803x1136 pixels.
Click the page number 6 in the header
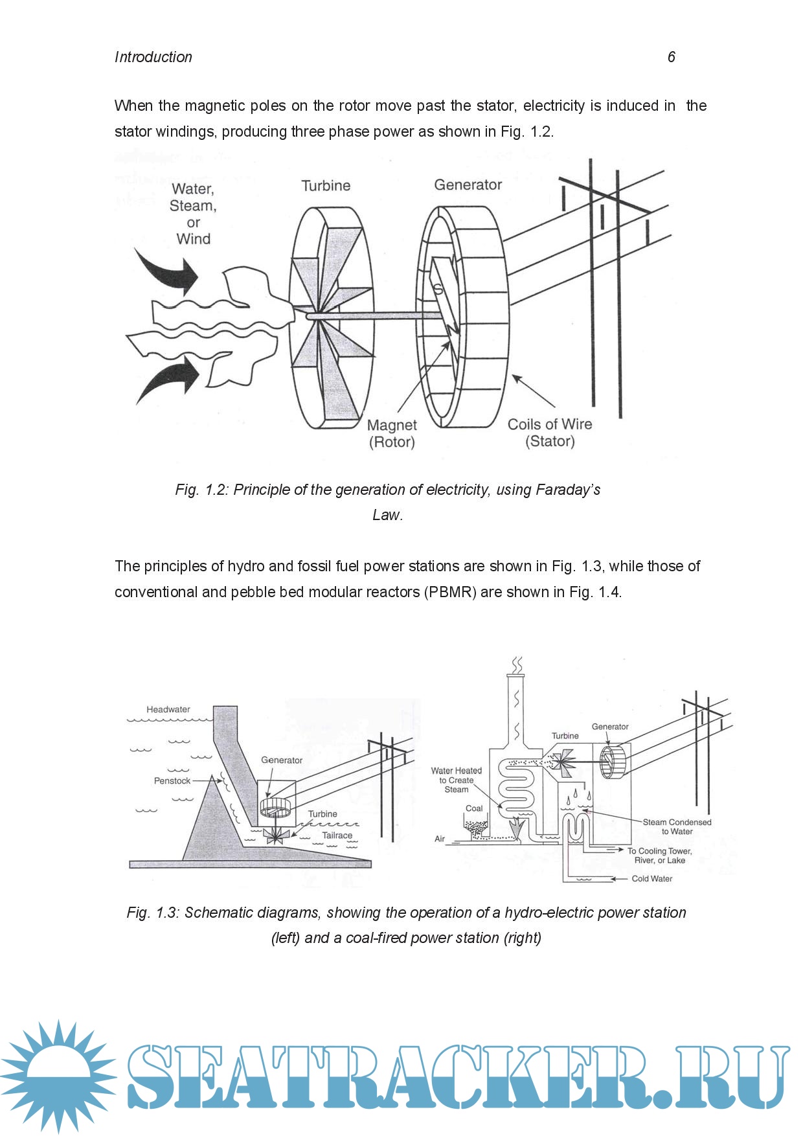[671, 57]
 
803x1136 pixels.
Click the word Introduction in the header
[153, 57]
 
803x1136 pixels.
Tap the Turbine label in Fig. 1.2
[326, 186]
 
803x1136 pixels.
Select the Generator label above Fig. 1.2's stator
[468, 185]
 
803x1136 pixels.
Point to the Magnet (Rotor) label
[392, 433]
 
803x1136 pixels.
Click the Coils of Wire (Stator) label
[550, 433]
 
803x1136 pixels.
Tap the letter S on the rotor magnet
[438, 289]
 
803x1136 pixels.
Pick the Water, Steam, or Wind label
[193, 214]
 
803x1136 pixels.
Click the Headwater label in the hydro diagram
[168, 709]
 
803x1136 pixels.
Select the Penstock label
[172, 780]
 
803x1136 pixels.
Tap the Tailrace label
[337, 835]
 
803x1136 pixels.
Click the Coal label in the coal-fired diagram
[474, 808]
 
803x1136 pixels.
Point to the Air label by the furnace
[440, 839]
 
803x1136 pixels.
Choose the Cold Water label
[651, 879]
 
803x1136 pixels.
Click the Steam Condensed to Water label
[677, 826]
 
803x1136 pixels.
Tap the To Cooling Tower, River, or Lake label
[659, 856]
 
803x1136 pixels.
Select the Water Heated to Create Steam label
[457, 780]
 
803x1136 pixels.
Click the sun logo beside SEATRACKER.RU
[58, 1076]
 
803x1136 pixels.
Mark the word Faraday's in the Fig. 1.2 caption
[568, 490]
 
